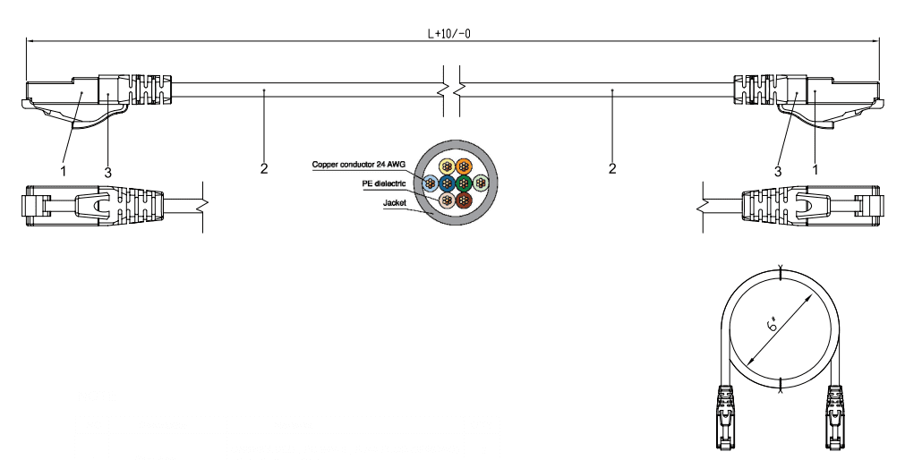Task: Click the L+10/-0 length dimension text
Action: (x=449, y=33)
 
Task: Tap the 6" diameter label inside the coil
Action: (x=773, y=324)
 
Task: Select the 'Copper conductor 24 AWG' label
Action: (x=358, y=165)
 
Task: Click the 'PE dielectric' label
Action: (x=384, y=183)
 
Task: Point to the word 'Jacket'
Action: (x=394, y=202)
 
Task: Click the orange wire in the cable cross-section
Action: (x=464, y=167)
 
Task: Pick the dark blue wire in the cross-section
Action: (x=448, y=184)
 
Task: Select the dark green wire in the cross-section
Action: (x=464, y=184)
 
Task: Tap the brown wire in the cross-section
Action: (x=464, y=200)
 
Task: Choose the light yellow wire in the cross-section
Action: (x=447, y=167)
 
